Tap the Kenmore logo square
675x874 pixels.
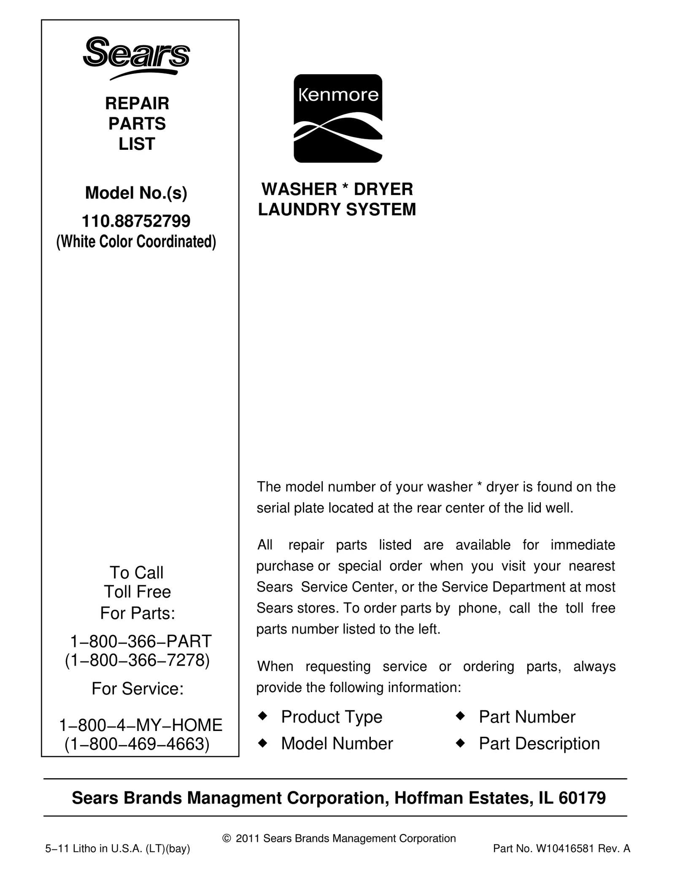338,118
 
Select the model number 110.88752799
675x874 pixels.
136,220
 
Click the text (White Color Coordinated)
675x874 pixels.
136,242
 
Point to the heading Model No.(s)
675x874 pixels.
136,193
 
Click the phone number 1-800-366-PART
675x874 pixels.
140,641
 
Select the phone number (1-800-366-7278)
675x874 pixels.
137,660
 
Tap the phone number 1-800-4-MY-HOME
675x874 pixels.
140,725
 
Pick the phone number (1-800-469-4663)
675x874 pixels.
137,744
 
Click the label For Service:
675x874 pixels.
138,689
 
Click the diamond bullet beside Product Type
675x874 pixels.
262,716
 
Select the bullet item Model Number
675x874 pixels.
337,744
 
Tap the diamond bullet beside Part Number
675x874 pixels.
460,716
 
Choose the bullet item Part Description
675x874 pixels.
539,744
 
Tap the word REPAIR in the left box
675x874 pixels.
137,103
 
